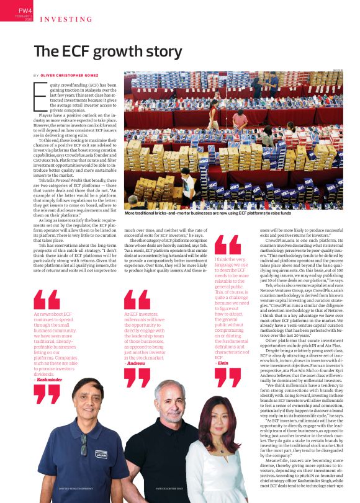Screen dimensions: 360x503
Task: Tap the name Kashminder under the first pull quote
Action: point(50,378)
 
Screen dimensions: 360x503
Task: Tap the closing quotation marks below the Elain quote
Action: point(228,376)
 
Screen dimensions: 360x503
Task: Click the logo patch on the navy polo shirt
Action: point(99,454)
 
